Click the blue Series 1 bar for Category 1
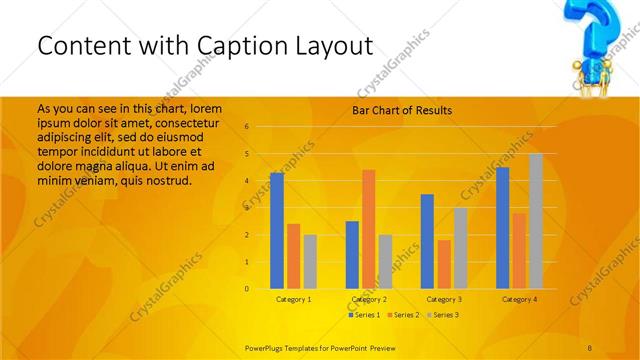(x=277, y=231)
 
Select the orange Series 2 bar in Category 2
(x=369, y=229)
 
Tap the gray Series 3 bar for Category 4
(x=536, y=221)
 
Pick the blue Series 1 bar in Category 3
(x=427, y=241)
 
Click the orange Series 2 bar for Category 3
(x=444, y=264)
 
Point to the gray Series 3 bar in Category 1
(x=310, y=261)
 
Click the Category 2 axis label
(x=369, y=299)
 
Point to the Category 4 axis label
(x=519, y=299)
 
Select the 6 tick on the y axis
(x=246, y=127)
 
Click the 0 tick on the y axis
(x=246, y=289)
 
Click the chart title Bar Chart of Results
(x=402, y=110)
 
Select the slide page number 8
(x=590, y=346)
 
